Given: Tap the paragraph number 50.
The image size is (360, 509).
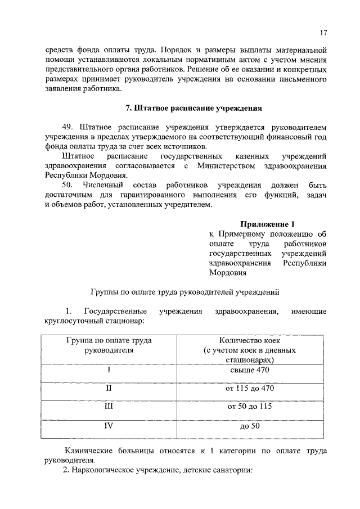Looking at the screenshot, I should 68,185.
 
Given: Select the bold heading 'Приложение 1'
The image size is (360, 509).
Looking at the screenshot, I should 267,223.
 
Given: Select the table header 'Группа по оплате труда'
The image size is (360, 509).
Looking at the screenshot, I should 109,341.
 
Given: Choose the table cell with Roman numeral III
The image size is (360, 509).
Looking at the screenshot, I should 109,407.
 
